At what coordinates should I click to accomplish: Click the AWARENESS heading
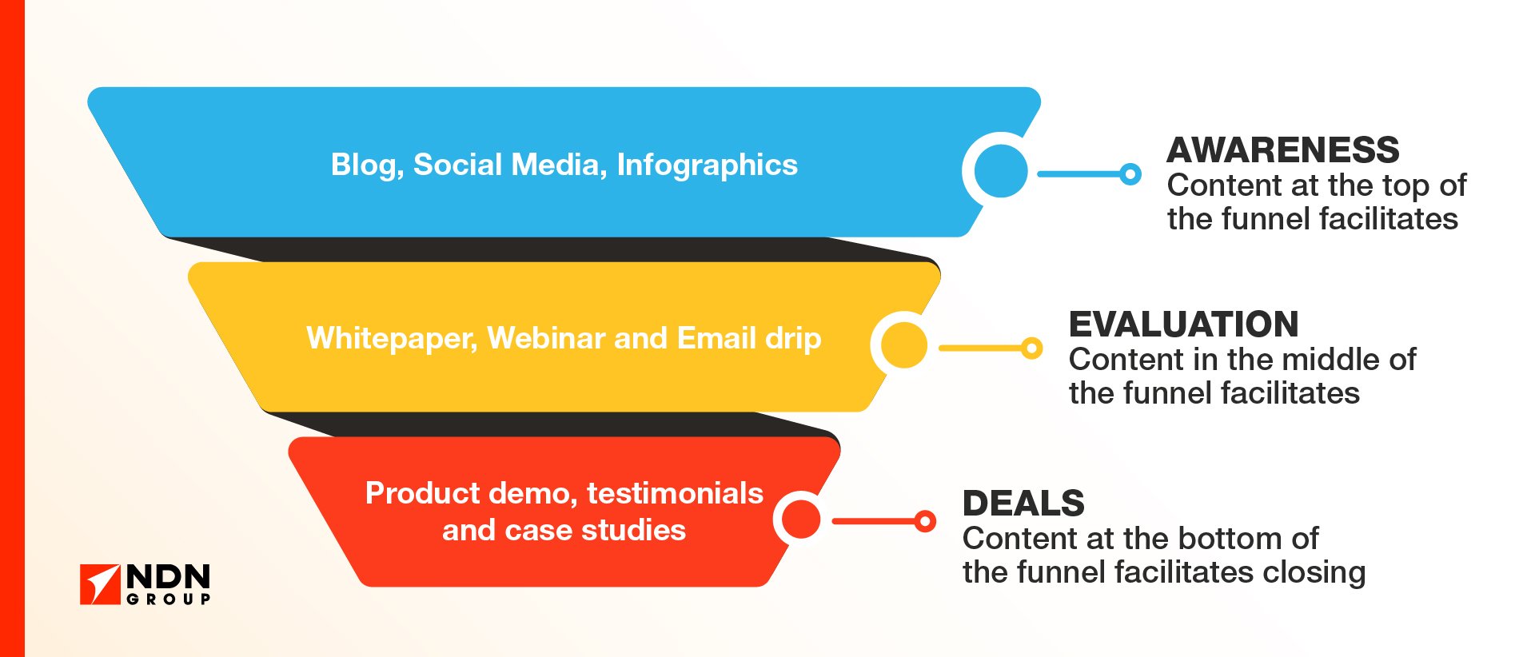[1283, 150]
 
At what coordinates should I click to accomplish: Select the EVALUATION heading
[1183, 325]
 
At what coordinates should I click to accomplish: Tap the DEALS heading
[1023, 504]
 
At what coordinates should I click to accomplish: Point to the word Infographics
[708, 165]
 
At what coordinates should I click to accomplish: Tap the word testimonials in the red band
[675, 493]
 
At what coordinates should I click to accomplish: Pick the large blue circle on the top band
[1001, 171]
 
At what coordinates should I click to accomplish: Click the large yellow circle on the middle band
[903, 345]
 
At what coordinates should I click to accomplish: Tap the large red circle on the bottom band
[801, 520]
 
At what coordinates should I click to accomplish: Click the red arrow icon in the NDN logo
[99, 584]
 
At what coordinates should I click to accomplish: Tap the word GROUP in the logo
[169, 599]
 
